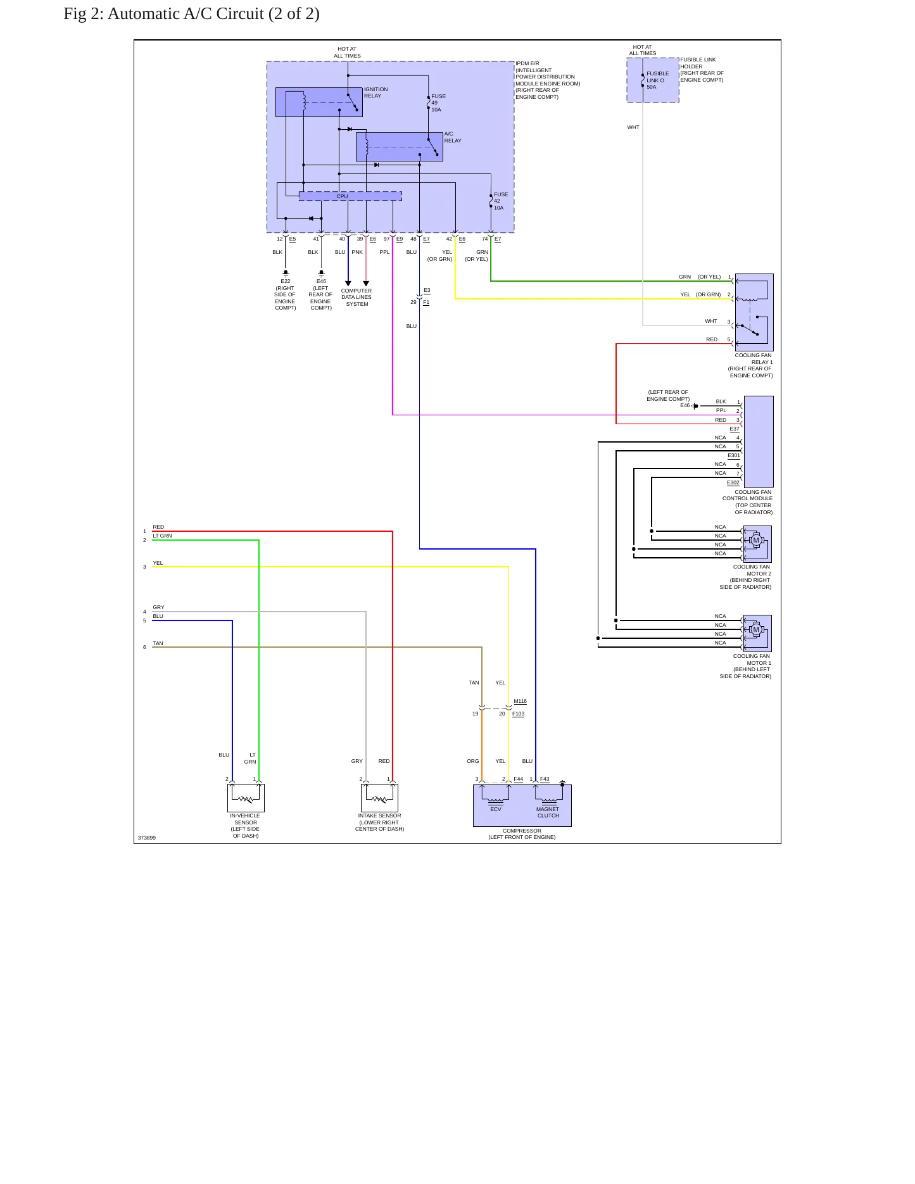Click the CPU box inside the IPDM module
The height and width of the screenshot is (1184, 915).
[x=350, y=196]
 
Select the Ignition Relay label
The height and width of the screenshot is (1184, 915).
[x=376, y=92]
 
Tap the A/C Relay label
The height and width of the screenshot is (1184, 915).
[x=453, y=137]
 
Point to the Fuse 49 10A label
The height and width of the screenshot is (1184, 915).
[x=438, y=103]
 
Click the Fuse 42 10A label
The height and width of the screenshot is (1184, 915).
[x=501, y=201]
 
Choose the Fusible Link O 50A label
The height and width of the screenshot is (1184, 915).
[x=657, y=80]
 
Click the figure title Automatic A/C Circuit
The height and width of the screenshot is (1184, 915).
[x=191, y=13]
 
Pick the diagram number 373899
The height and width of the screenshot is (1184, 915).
[x=147, y=838]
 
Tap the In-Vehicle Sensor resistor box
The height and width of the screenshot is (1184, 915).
[x=246, y=798]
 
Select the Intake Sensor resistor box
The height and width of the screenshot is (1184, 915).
[x=379, y=798]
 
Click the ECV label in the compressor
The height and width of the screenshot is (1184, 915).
[x=496, y=809]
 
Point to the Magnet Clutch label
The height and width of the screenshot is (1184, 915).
[x=548, y=812]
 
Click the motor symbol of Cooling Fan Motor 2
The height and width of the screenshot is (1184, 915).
[x=755, y=541]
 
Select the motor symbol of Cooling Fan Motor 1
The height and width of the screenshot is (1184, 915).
[x=755, y=630]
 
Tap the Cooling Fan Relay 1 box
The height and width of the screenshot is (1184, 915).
[x=754, y=312]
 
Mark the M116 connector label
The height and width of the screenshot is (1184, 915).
[x=520, y=701]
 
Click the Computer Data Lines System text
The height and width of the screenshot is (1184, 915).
[x=357, y=298]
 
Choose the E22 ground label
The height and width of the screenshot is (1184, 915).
[x=286, y=281]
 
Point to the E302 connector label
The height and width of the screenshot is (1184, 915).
[x=733, y=482]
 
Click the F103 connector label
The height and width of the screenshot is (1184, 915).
[x=519, y=714]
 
